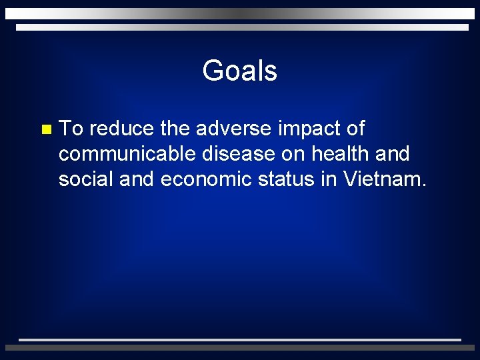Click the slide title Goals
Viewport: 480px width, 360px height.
tap(239, 71)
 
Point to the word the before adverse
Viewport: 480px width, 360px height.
tap(175, 128)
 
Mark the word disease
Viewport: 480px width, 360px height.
tap(236, 154)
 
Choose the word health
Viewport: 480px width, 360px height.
tap(340, 154)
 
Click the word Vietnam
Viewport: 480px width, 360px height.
tap(385, 179)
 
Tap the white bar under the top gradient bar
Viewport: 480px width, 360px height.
tap(242, 27)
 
